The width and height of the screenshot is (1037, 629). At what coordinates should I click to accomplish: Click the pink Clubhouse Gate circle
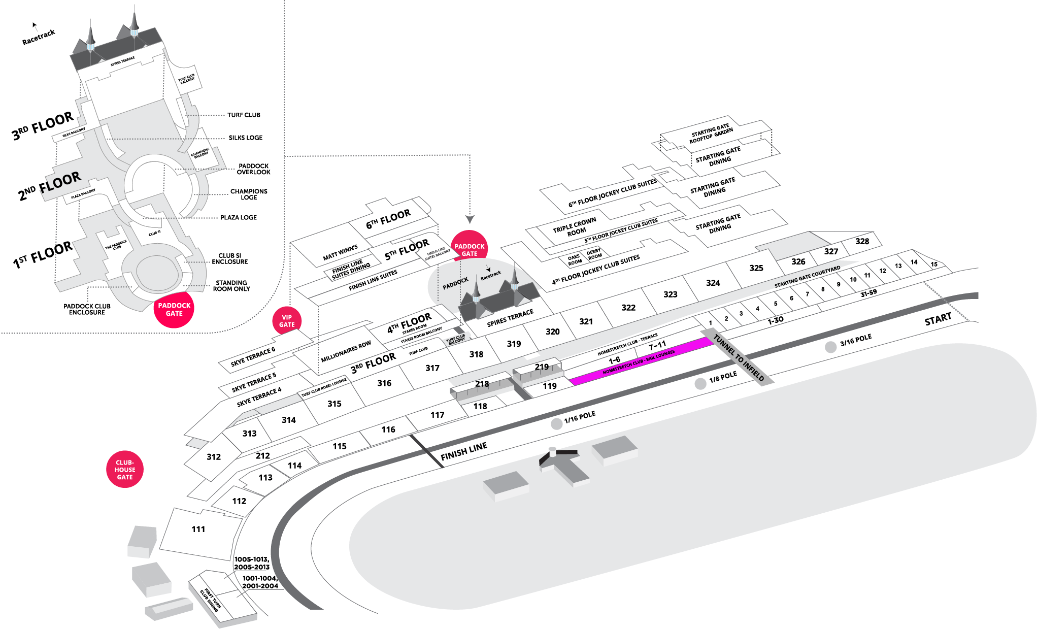(125, 470)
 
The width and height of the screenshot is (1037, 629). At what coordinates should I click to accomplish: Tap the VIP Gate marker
(287, 321)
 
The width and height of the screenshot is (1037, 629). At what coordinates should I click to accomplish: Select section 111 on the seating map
(198, 529)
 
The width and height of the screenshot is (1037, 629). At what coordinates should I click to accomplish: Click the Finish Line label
(464, 451)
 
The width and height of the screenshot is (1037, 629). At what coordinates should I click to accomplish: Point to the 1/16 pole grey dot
(557, 424)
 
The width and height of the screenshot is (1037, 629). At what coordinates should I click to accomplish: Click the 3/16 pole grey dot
(830, 347)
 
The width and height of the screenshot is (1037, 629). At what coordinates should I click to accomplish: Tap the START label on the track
(938, 320)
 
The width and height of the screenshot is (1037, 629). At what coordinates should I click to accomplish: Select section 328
(862, 242)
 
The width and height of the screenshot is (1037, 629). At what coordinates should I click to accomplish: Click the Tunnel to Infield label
(739, 357)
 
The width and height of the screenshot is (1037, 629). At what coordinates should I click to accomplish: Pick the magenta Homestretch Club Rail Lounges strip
(640, 362)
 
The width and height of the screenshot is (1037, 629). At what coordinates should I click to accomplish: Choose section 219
(542, 367)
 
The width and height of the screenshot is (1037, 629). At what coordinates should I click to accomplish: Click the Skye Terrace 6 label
(253, 357)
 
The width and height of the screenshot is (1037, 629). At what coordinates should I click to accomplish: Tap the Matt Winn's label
(340, 253)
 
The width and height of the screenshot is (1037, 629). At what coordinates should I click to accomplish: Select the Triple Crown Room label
(575, 227)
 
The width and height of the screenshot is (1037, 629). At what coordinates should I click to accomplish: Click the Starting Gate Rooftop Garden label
(711, 134)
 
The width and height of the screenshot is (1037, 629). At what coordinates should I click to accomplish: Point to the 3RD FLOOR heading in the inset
(43, 126)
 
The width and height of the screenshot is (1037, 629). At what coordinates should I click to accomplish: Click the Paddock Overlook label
(253, 169)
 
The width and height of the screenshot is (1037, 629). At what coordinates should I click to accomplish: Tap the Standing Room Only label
(231, 286)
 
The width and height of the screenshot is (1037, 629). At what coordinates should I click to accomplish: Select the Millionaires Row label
(346, 352)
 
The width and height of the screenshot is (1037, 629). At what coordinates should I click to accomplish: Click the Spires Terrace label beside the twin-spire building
(510, 318)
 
